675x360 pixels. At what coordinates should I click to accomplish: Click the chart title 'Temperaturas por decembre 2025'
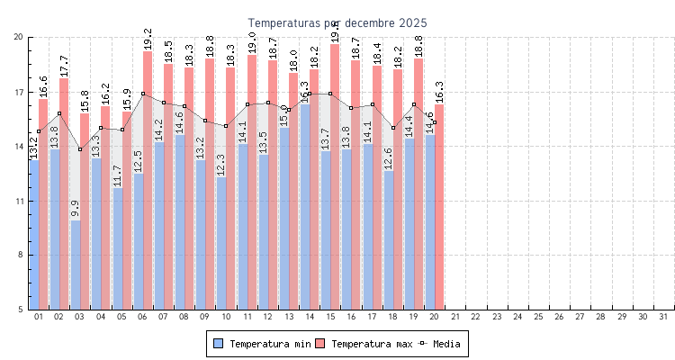click(337, 22)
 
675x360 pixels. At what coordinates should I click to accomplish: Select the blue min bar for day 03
click(76, 265)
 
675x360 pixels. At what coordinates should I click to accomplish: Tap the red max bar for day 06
click(148, 180)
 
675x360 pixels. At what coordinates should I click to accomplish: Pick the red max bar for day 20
click(439, 207)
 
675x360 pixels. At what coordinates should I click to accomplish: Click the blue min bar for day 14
click(304, 207)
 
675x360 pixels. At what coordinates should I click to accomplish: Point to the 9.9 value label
click(76, 209)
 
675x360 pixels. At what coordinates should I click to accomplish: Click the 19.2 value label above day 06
click(148, 38)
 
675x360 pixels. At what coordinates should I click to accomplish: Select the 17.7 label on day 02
click(64, 65)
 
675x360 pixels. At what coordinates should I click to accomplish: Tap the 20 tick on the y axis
click(18, 37)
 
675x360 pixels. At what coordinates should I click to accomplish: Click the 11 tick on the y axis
click(18, 201)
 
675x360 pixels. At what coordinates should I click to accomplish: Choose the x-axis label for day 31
click(663, 317)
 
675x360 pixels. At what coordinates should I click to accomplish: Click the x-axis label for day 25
click(538, 317)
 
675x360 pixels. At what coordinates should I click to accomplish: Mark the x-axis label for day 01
click(38, 317)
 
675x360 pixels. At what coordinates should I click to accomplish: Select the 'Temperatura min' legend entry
click(261, 344)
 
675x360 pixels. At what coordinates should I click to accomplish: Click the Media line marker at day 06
click(142, 94)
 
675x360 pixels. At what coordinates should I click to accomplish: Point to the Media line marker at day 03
click(80, 149)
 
